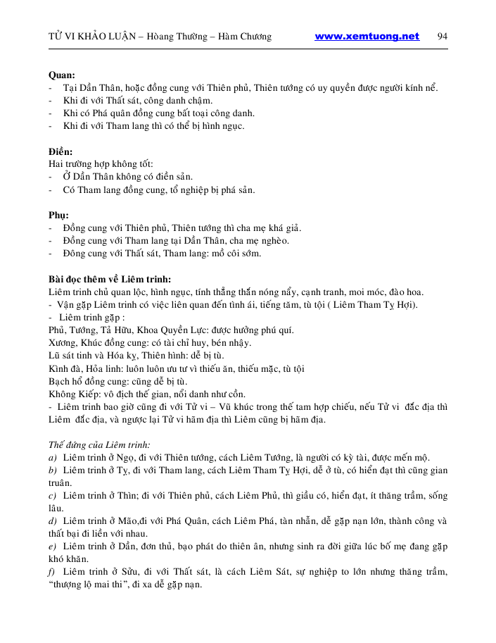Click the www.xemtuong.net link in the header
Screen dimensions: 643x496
pos(367,37)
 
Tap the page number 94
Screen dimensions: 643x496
pos(443,37)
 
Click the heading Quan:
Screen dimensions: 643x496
pos(62,75)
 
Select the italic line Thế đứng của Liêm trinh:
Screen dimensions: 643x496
pos(98,444)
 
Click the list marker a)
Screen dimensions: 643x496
pos(53,458)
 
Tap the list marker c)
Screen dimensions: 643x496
pos(53,496)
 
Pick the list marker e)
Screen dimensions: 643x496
pos(53,547)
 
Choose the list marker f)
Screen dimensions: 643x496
pos(52,572)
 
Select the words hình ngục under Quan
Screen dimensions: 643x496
pos(224,126)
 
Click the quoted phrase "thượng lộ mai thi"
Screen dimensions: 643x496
pos(92,585)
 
